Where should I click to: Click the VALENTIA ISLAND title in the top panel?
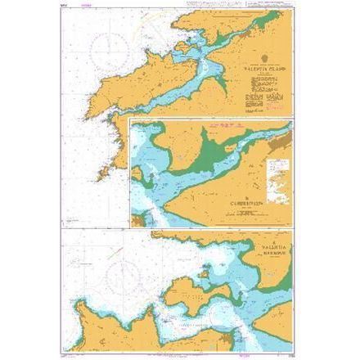(259, 70)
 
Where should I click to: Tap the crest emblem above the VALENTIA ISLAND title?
(259, 61)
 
